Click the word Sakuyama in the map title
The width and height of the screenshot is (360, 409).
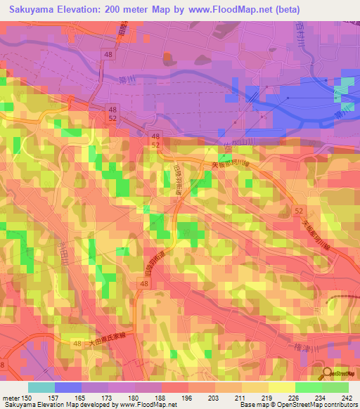click(x=32, y=9)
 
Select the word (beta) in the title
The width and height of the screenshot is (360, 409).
click(x=281, y=9)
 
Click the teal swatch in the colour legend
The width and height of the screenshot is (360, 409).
click(x=41, y=387)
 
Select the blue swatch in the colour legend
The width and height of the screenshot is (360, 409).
click(x=68, y=387)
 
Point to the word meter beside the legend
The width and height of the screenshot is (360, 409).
click(x=11, y=398)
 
